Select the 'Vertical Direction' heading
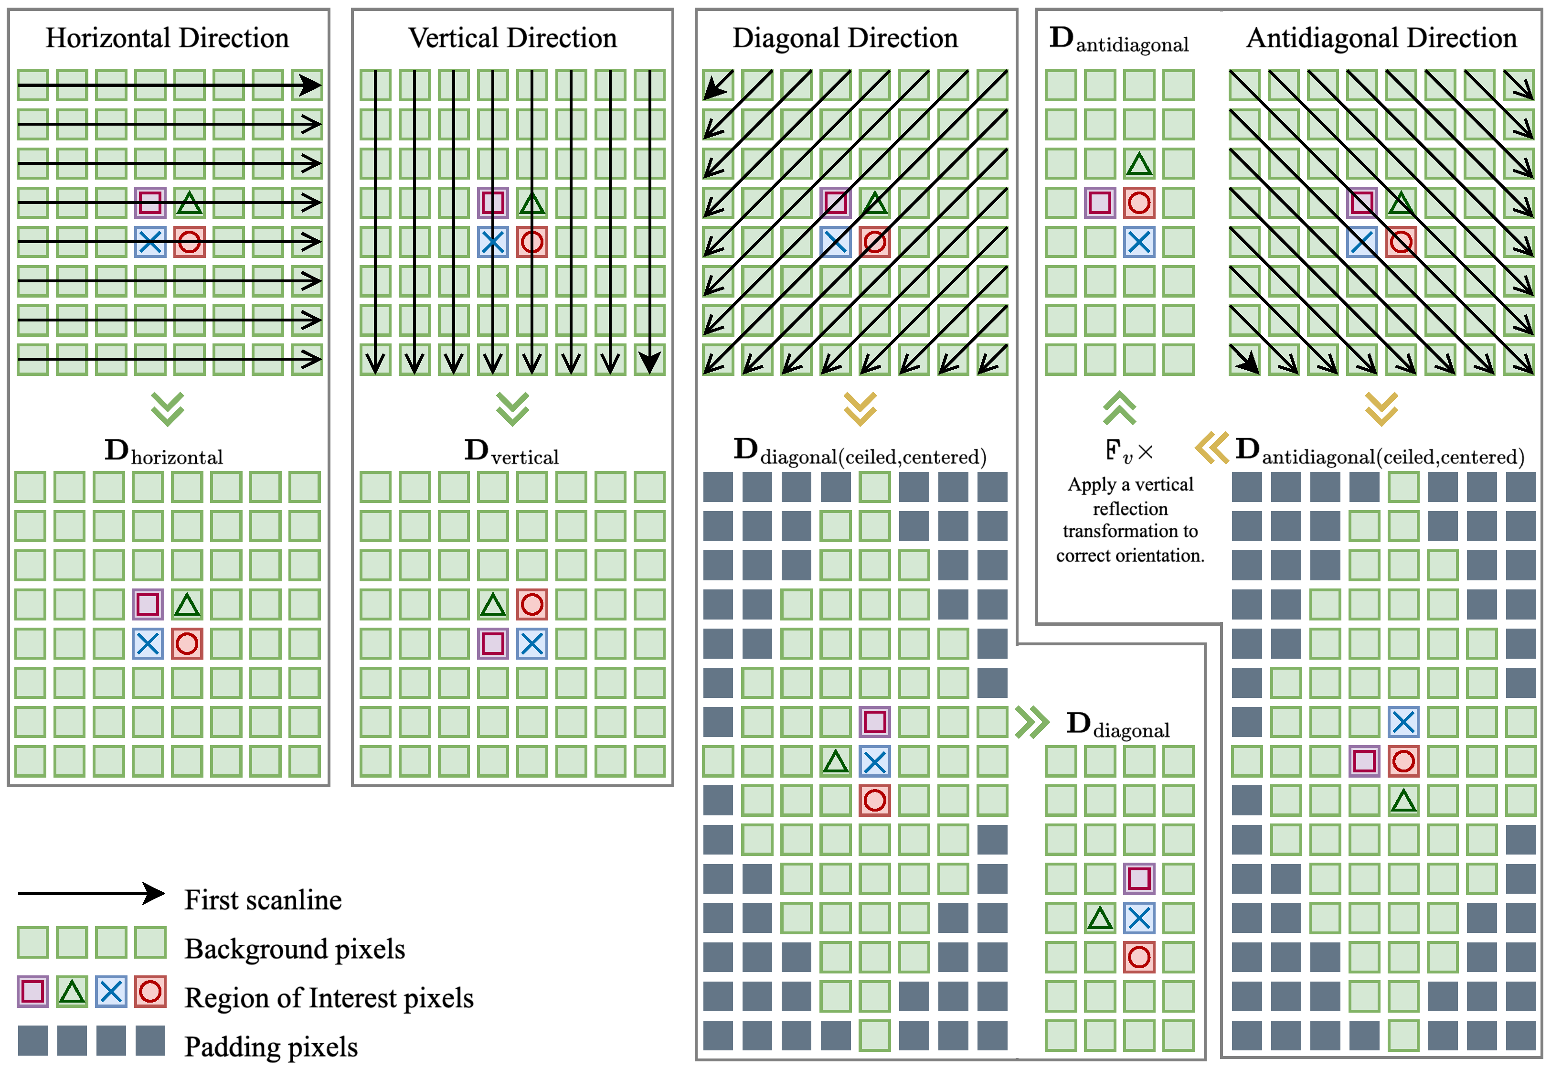(512, 38)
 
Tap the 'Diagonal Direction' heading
(845, 38)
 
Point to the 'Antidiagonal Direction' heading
(1381, 38)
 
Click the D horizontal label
(164, 452)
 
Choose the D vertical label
(511, 452)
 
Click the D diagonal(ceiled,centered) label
(860, 452)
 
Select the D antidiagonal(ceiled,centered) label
(1380, 452)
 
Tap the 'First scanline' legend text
(263, 899)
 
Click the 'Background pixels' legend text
(295, 949)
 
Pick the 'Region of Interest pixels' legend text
(329, 997)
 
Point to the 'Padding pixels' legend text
(271, 1046)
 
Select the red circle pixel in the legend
(150, 991)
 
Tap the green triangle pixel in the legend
(72, 991)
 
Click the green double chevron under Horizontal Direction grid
(168, 408)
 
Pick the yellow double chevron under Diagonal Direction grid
(860, 408)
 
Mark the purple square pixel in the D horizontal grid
(148, 604)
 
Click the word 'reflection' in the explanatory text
(1130, 509)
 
